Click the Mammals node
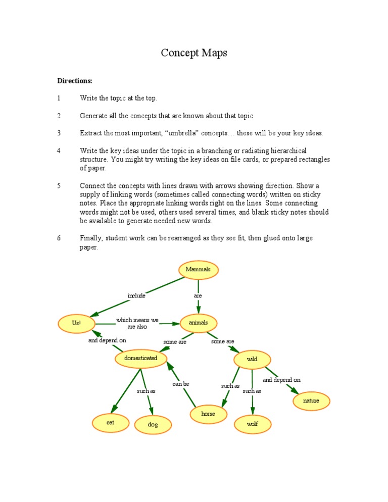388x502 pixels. (x=198, y=270)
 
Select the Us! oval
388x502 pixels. (x=76, y=323)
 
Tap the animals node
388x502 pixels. (x=199, y=323)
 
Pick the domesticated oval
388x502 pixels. (x=141, y=359)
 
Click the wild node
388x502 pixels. (x=252, y=360)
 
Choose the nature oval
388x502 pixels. (x=311, y=401)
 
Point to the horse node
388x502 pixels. (x=208, y=414)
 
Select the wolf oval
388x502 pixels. (x=252, y=424)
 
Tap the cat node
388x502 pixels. (x=110, y=423)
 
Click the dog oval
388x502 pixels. (x=153, y=425)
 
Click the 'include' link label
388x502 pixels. (x=136, y=296)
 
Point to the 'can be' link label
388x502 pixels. (x=180, y=384)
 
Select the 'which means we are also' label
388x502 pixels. (x=137, y=323)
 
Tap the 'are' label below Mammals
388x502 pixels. (x=198, y=296)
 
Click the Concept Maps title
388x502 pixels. (x=194, y=53)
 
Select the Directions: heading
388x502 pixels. (x=75, y=81)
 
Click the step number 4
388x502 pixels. (x=59, y=151)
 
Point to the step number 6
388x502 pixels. (x=59, y=238)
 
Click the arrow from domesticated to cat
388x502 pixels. (x=126, y=391)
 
